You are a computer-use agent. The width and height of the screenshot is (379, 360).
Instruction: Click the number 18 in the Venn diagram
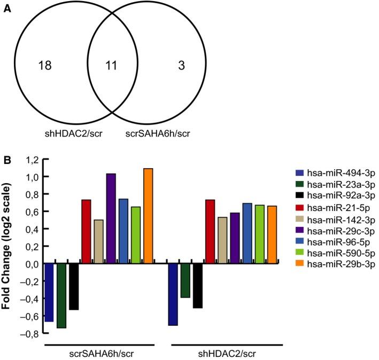45,66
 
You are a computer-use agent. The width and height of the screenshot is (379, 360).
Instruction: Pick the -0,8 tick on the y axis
30,333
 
